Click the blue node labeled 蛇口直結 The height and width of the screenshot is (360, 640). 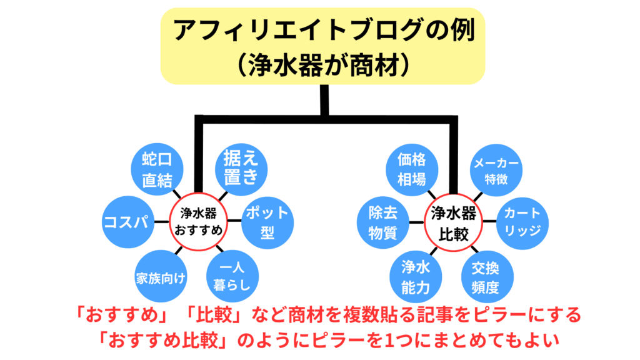pos(157,169)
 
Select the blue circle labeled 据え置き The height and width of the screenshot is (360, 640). pos(241,167)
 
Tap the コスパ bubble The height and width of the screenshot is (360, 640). pos(128,222)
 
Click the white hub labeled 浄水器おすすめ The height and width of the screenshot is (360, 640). pos(197,222)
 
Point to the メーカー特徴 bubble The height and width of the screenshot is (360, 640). pos(496,169)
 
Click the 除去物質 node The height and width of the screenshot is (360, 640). pos(383,222)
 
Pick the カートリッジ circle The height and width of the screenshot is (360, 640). pos(522,222)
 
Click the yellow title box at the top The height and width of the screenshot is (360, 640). pos(322,46)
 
